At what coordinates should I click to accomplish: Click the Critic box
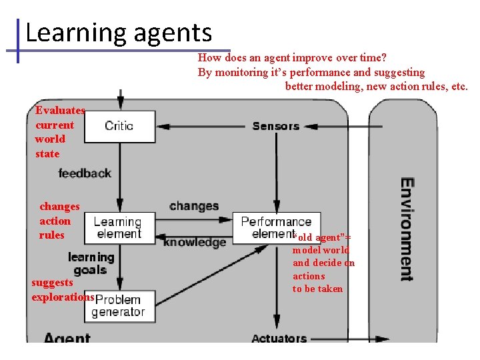coord(120,126)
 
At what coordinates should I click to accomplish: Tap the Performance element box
coord(276,227)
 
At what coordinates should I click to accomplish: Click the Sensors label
coord(276,126)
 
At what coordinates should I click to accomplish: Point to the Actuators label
coord(279,338)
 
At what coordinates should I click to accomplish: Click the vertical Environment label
coord(406,229)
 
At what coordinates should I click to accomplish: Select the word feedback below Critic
coord(85,173)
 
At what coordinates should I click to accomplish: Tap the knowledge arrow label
coord(195,243)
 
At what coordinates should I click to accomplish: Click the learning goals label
coord(91,263)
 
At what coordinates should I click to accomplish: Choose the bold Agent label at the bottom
coord(67,338)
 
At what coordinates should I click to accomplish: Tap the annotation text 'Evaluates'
coord(60,111)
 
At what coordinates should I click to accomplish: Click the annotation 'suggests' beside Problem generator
coord(52,283)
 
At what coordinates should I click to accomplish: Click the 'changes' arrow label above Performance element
coord(193,206)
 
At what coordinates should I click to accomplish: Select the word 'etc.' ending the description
coord(459,86)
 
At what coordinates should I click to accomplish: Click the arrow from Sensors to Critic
coord(200,126)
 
